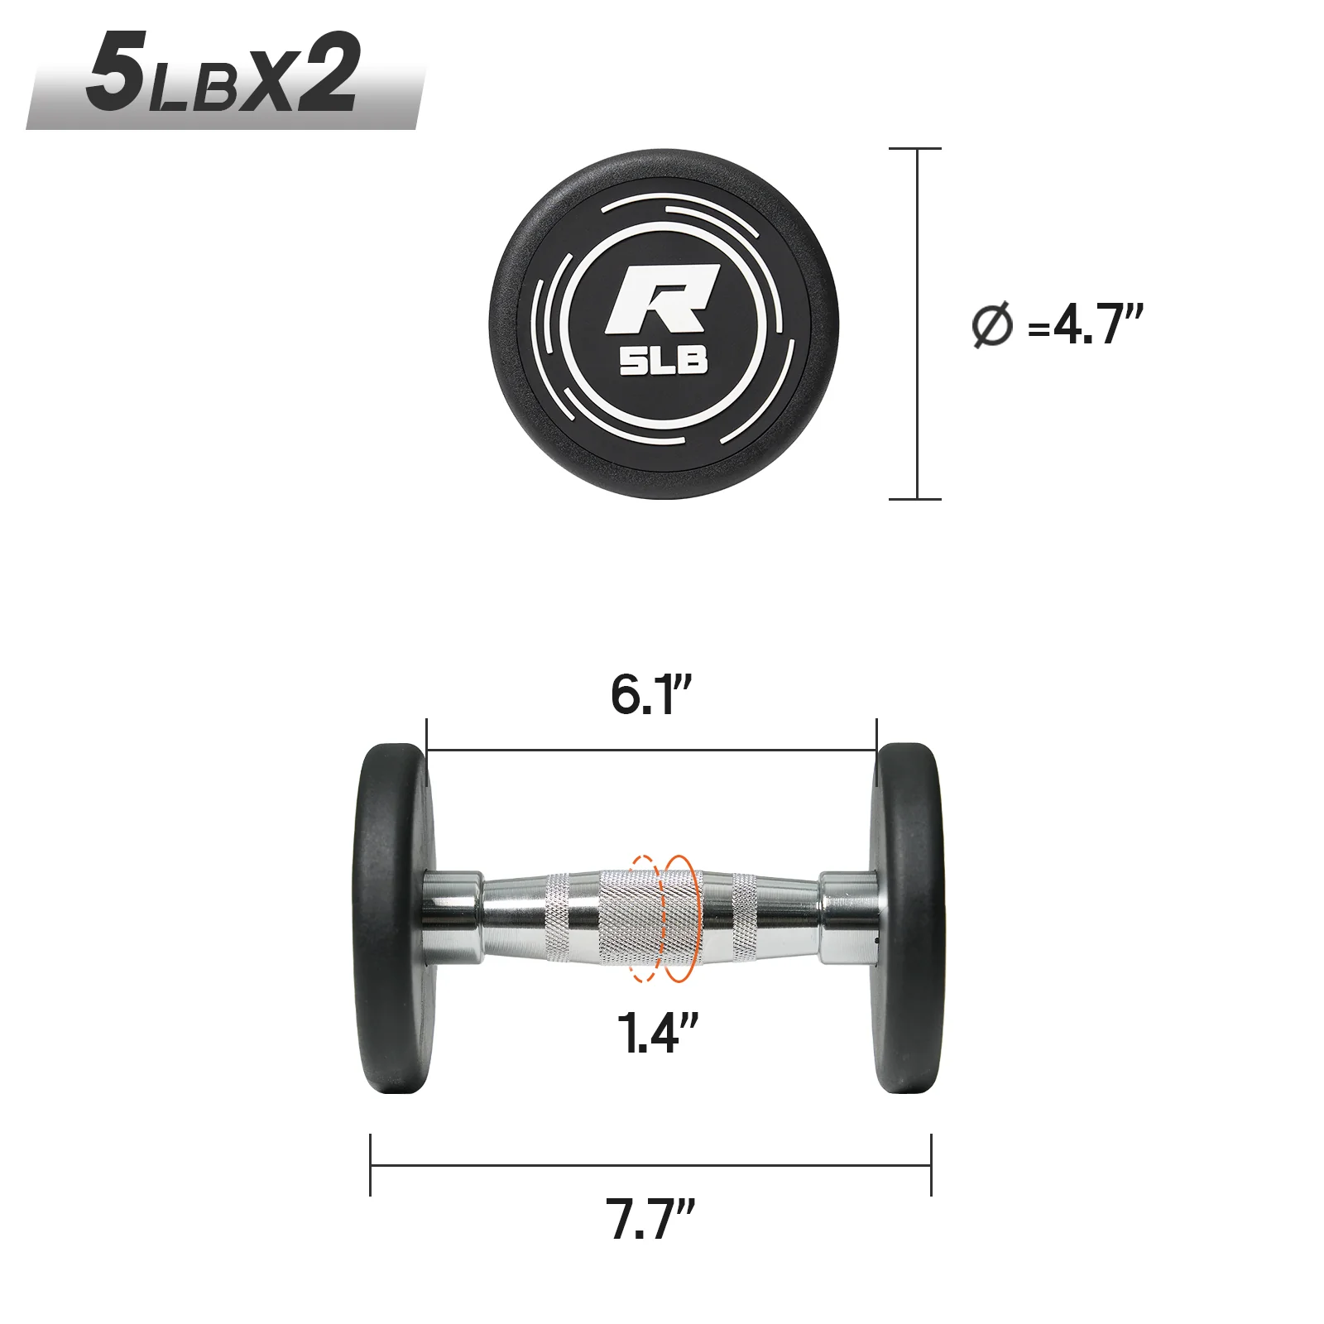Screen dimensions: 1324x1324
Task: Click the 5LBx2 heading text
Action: coord(223,74)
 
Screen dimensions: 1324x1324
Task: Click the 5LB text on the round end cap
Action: coord(664,361)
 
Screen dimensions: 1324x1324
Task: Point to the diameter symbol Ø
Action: coord(991,325)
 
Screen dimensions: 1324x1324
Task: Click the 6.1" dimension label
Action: coord(650,695)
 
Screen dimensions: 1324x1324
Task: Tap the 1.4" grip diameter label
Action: coord(658,1033)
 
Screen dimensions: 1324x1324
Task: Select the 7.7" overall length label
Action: coord(650,1219)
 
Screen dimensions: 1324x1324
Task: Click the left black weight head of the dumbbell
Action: coord(392,919)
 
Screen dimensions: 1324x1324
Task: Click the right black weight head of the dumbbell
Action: coord(909,919)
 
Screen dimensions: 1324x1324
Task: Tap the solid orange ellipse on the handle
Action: coord(680,919)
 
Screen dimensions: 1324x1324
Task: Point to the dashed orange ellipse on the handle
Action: coord(643,919)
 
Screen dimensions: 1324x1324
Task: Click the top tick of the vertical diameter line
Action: coord(915,149)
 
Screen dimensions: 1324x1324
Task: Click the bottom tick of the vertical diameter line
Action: coord(915,499)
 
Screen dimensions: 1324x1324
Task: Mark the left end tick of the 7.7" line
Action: coord(371,1165)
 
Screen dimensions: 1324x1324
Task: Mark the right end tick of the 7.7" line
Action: coord(931,1165)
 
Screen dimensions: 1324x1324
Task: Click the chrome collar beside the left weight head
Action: coord(452,917)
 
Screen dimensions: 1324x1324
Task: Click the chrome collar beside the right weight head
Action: coord(848,917)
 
